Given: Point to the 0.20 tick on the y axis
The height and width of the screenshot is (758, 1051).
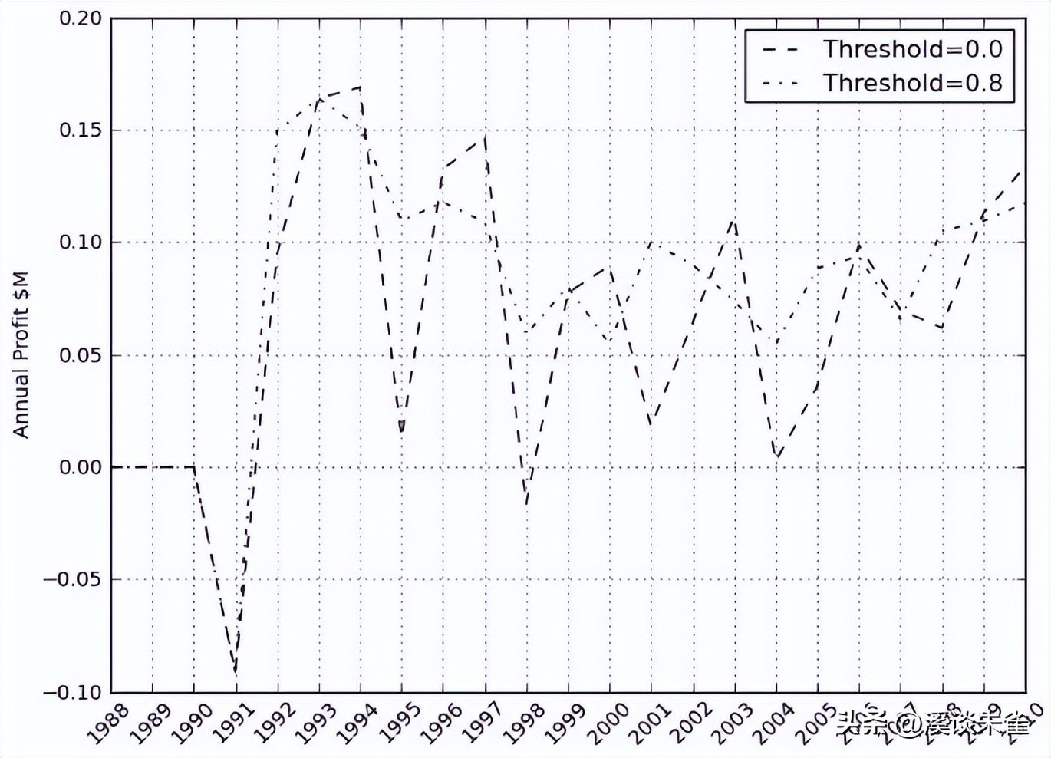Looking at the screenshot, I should (81, 18).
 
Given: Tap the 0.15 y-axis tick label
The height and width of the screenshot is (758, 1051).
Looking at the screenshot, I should (81, 130).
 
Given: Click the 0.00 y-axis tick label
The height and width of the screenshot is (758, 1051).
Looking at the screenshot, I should (81, 467).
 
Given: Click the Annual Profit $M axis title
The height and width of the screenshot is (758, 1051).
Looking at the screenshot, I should (21, 354).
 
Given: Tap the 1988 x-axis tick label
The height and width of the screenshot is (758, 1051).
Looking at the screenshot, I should (107, 722).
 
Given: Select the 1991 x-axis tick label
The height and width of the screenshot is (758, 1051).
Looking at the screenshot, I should (232, 722).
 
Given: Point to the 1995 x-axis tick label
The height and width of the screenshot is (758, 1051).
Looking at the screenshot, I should (398, 722).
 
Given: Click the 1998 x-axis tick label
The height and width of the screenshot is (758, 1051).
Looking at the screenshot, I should (523, 722).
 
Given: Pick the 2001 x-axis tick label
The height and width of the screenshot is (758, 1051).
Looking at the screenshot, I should (648, 722).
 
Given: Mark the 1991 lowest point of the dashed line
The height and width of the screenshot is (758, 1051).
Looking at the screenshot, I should (236, 672).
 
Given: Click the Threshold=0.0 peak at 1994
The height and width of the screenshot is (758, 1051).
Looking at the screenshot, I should (361, 87).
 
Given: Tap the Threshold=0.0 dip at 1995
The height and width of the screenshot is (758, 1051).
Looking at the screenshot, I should (402, 432).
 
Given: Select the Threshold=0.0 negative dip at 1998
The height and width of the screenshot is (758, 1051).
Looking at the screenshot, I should (527, 504).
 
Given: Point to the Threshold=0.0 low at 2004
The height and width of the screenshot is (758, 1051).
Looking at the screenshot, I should (777, 458).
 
